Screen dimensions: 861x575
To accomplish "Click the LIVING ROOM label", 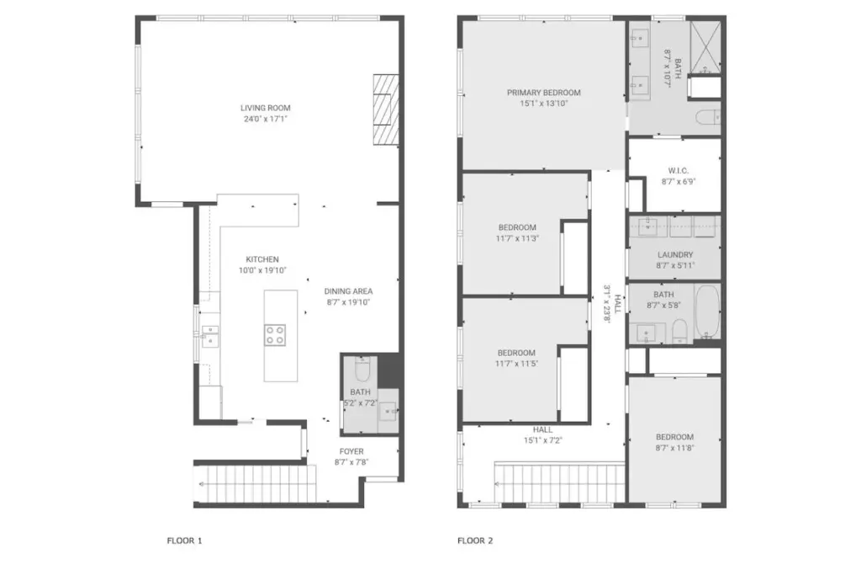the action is (x=265, y=108).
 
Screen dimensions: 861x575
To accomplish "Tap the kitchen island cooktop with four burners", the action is (x=275, y=335).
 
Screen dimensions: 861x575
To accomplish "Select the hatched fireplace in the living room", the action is (x=386, y=109).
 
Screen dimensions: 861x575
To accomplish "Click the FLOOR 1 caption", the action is (x=184, y=540).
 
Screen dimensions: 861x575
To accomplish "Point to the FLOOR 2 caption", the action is (x=475, y=540).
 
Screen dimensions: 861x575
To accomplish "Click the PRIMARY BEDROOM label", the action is (x=544, y=93).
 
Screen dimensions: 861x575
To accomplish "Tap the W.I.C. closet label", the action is (x=679, y=171).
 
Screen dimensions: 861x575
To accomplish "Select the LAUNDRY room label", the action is (x=675, y=254).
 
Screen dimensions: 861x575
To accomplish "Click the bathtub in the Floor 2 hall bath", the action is (x=707, y=311).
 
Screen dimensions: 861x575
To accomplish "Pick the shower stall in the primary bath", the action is (x=705, y=47).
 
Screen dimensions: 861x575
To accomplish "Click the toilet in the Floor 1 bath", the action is (x=363, y=370).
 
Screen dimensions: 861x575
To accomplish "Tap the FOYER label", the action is (x=351, y=451).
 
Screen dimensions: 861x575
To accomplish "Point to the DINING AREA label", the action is (x=348, y=291).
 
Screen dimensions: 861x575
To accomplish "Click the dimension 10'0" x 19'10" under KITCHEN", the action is (x=262, y=270).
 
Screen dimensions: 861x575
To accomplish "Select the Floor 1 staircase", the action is (x=256, y=484).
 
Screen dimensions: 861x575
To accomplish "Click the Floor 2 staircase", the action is (x=559, y=482).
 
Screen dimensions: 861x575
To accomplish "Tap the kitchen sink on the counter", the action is (x=209, y=336).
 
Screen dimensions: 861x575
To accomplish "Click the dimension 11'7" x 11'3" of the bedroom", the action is (x=517, y=238).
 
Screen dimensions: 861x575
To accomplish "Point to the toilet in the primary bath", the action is (x=708, y=118).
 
